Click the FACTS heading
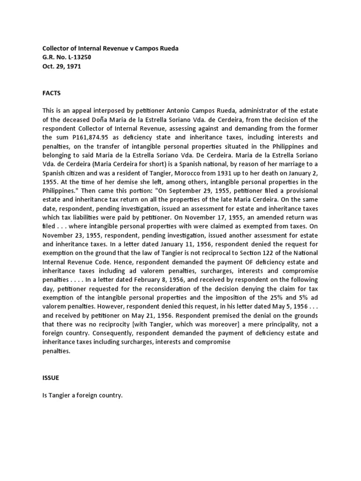[x=52, y=93]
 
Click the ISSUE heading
[x=51, y=377]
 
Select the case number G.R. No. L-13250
[x=66, y=57]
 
